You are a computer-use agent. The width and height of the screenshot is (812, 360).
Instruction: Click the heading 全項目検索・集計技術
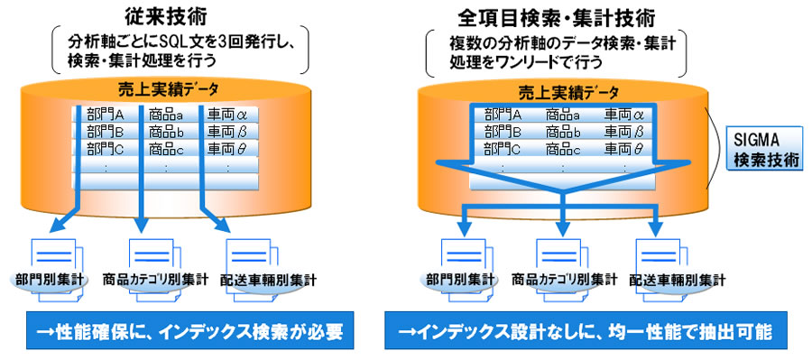pyautogui.click(x=557, y=19)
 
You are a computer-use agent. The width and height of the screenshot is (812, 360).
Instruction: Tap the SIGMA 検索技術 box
pyautogui.click(x=764, y=149)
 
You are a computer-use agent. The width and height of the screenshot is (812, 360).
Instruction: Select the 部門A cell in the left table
pyautogui.click(x=106, y=114)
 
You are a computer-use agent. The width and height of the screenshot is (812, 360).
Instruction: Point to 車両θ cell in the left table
pyautogui.click(x=226, y=149)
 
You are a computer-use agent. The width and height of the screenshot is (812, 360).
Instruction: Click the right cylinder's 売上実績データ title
pyautogui.click(x=562, y=92)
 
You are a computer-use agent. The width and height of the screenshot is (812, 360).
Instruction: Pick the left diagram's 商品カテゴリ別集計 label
pyautogui.click(x=155, y=281)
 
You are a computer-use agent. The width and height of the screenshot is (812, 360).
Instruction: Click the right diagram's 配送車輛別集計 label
pyautogui.click(x=677, y=282)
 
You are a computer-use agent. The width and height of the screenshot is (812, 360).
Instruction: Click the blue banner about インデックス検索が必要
pyautogui.click(x=190, y=329)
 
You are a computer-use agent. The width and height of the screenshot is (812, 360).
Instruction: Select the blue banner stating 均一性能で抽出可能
pyautogui.click(x=586, y=330)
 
